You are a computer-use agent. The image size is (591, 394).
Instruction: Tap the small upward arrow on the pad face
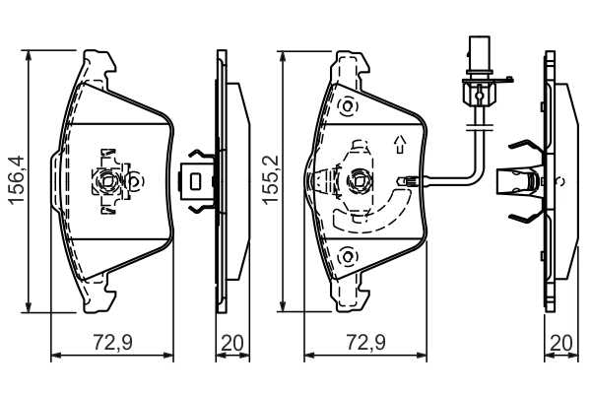pos(399,145)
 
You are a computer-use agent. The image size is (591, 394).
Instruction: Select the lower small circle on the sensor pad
pos(347,258)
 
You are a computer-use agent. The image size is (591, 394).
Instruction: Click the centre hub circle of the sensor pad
pos(359,181)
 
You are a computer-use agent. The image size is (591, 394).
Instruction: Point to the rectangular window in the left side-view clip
pos(197,181)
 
